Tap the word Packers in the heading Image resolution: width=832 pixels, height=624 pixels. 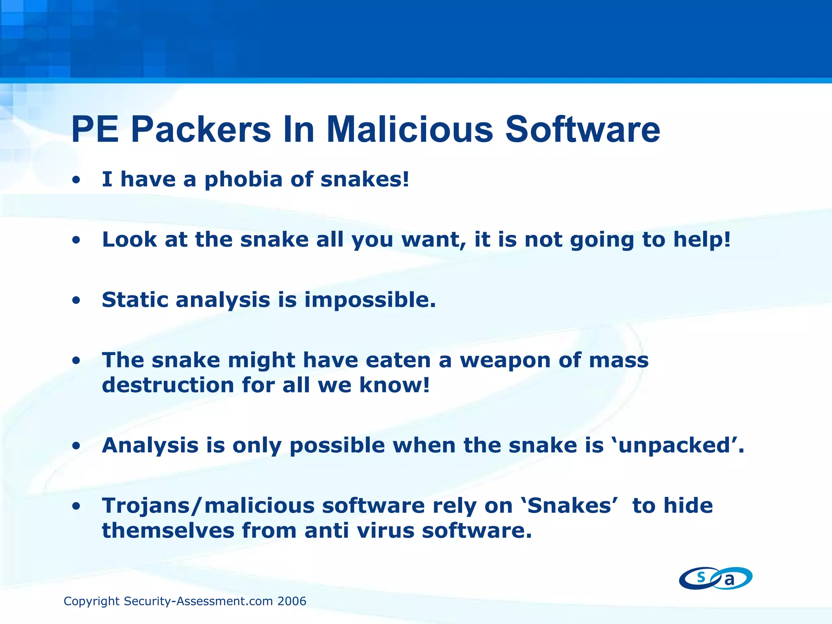[x=201, y=130]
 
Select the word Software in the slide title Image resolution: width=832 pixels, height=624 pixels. [x=583, y=130]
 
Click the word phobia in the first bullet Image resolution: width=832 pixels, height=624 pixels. [x=243, y=180]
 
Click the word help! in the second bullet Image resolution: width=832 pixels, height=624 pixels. [x=702, y=240]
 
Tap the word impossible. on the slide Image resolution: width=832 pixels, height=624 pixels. [x=370, y=301]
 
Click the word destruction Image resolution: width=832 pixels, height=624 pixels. [x=168, y=385]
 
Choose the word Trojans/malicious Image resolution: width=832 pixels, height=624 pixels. [x=208, y=506]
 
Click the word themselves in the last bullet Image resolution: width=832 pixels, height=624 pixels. [x=168, y=531]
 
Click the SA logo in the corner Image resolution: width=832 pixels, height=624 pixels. [x=715, y=578]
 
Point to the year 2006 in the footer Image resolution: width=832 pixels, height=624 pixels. [x=292, y=601]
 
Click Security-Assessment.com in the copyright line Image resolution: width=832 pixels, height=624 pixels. [x=199, y=601]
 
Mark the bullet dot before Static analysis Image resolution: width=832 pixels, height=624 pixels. [x=76, y=301]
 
